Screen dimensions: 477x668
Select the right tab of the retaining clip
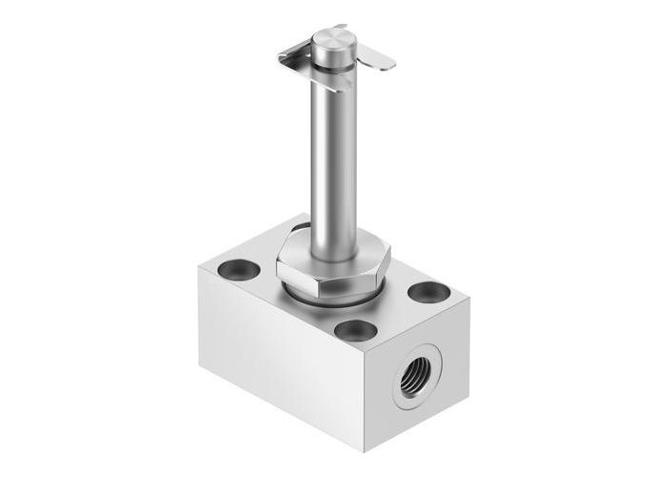click(x=379, y=59)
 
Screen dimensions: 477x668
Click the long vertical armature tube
click(x=333, y=162)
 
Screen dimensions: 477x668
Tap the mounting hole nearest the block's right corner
click(x=428, y=291)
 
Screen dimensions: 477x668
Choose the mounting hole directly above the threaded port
click(x=357, y=331)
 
